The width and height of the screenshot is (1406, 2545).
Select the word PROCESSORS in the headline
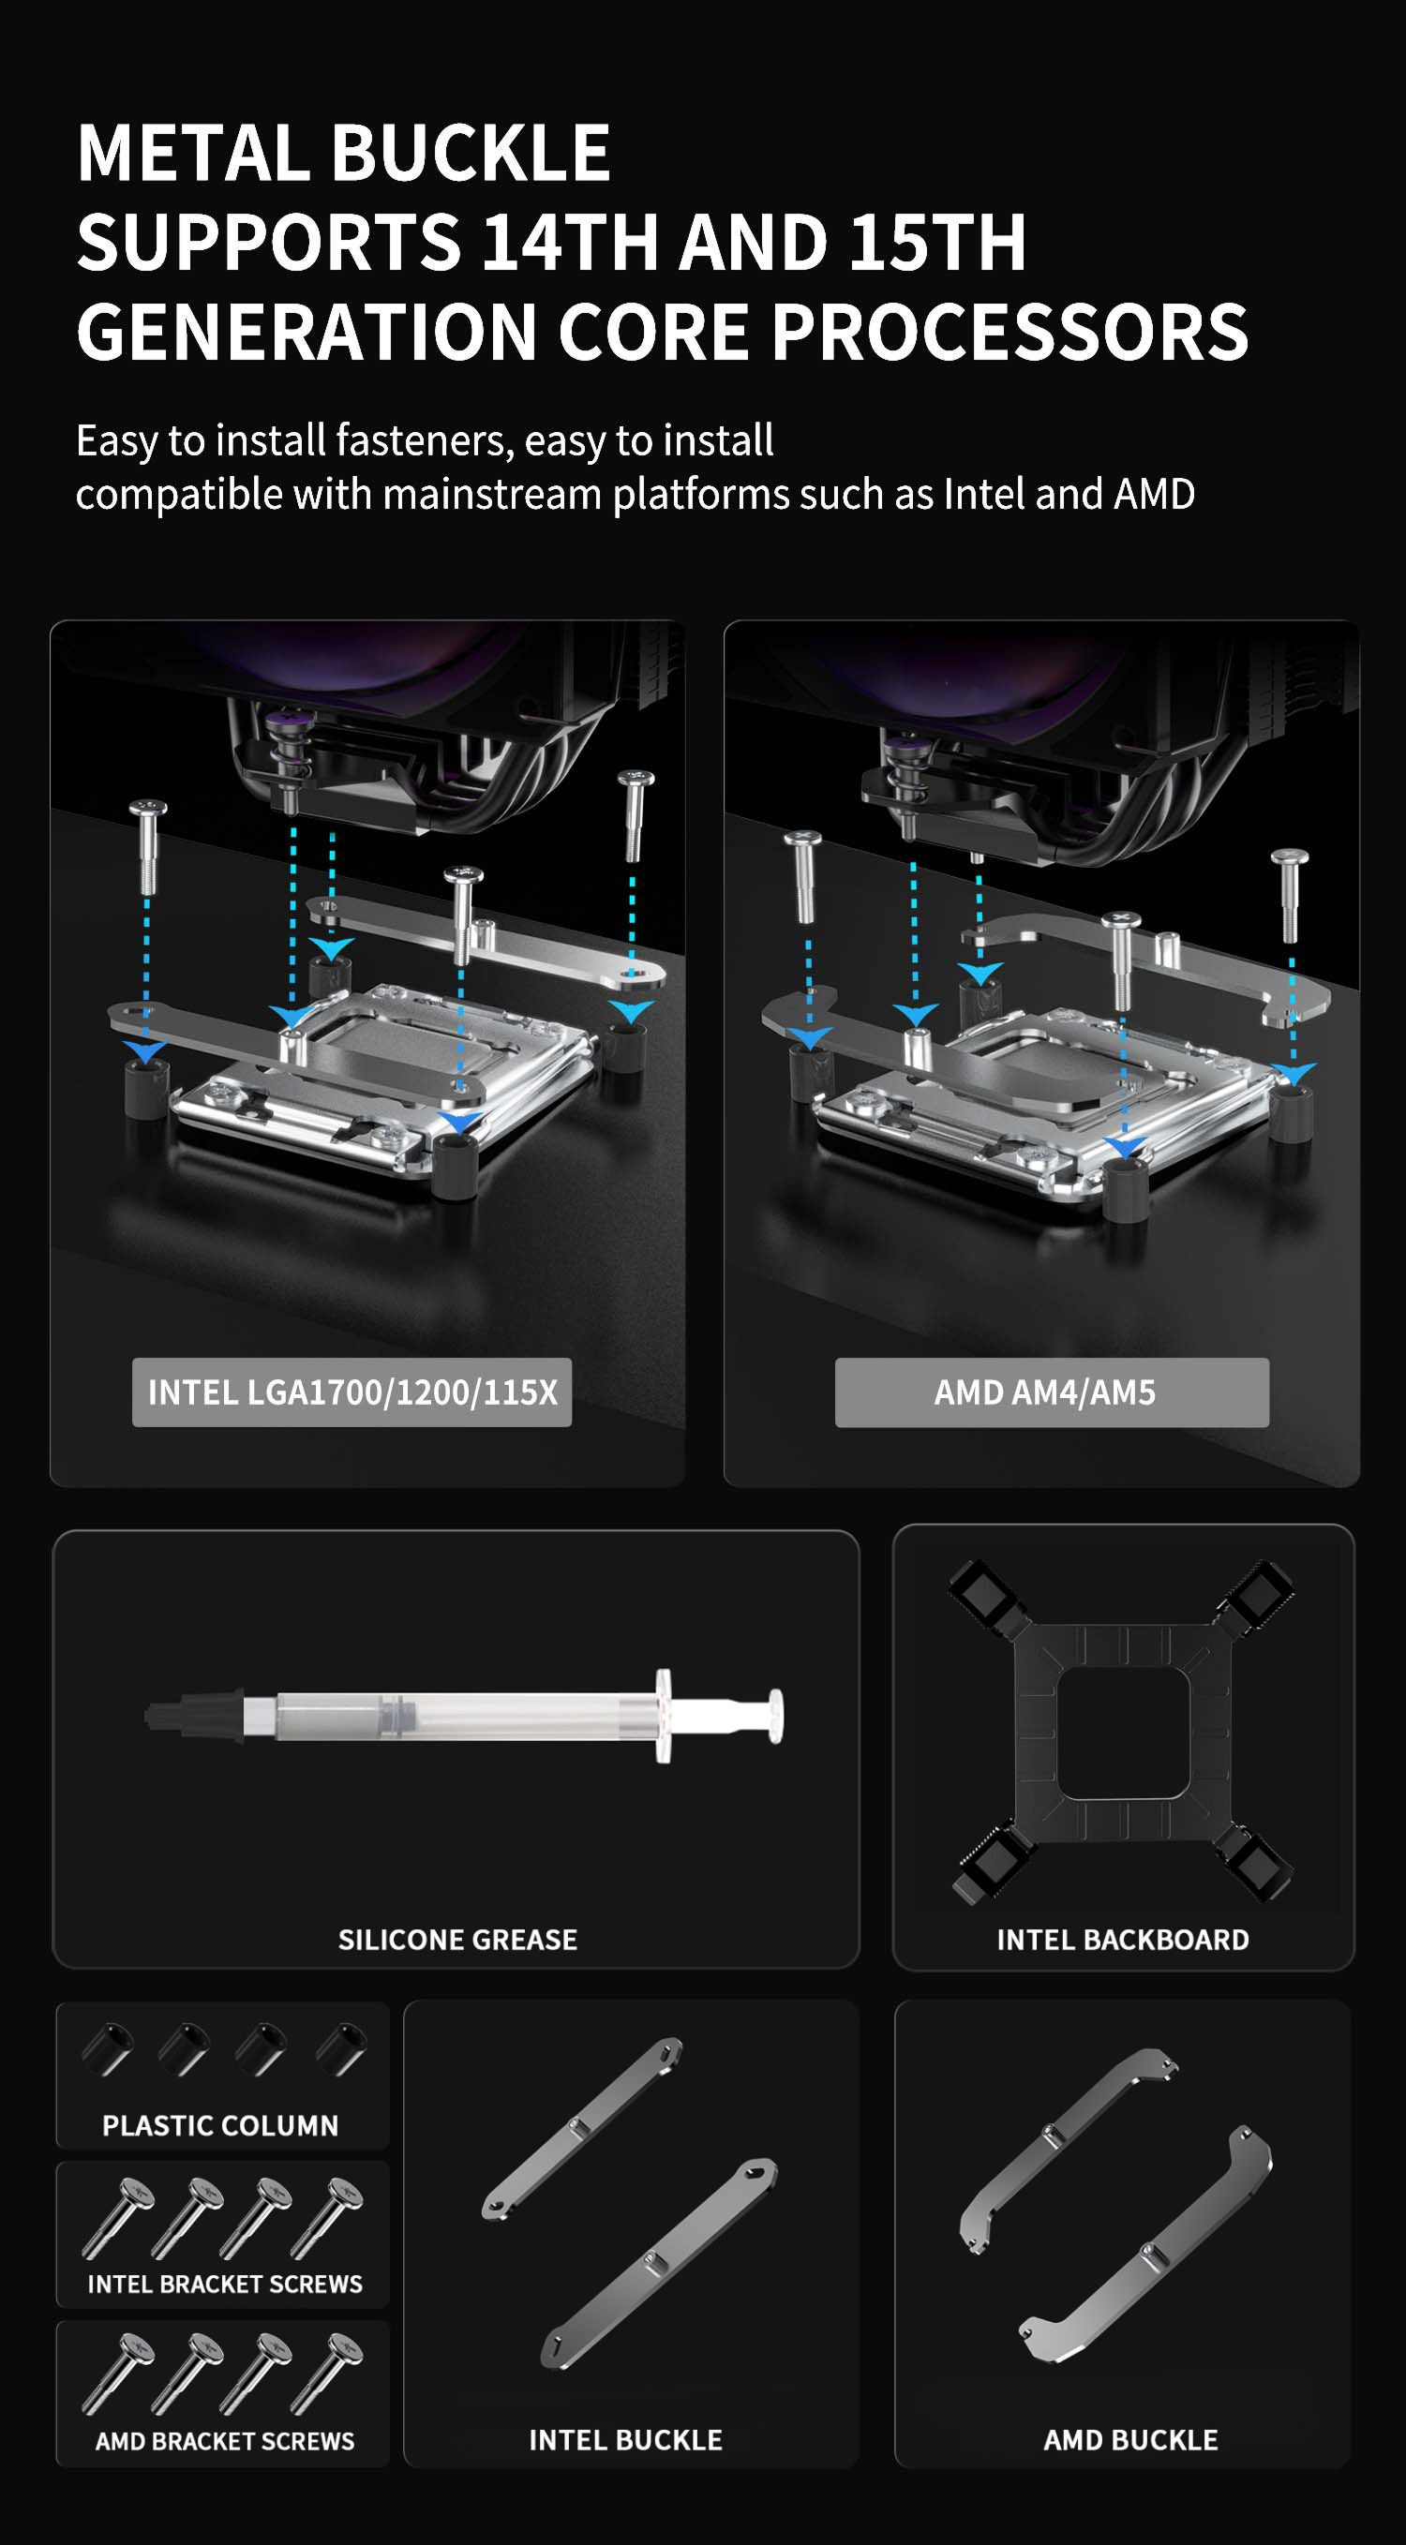(x=1010, y=331)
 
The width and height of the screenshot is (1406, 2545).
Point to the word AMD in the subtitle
(x=1154, y=494)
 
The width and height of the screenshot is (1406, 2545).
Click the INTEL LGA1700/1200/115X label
(x=351, y=1392)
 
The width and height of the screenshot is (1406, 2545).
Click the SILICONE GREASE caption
(x=457, y=1940)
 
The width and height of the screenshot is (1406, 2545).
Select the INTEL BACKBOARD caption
(x=1122, y=1940)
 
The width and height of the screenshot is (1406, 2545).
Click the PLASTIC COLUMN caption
(x=220, y=2125)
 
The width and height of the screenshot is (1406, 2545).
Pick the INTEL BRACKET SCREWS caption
(x=224, y=2284)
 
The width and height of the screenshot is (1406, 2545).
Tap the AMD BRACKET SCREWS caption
(x=224, y=2440)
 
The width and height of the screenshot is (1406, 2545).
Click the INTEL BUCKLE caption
(x=625, y=2439)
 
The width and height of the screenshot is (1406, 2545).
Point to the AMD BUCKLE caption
(x=1130, y=2439)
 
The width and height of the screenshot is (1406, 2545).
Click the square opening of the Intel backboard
(x=1121, y=1733)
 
